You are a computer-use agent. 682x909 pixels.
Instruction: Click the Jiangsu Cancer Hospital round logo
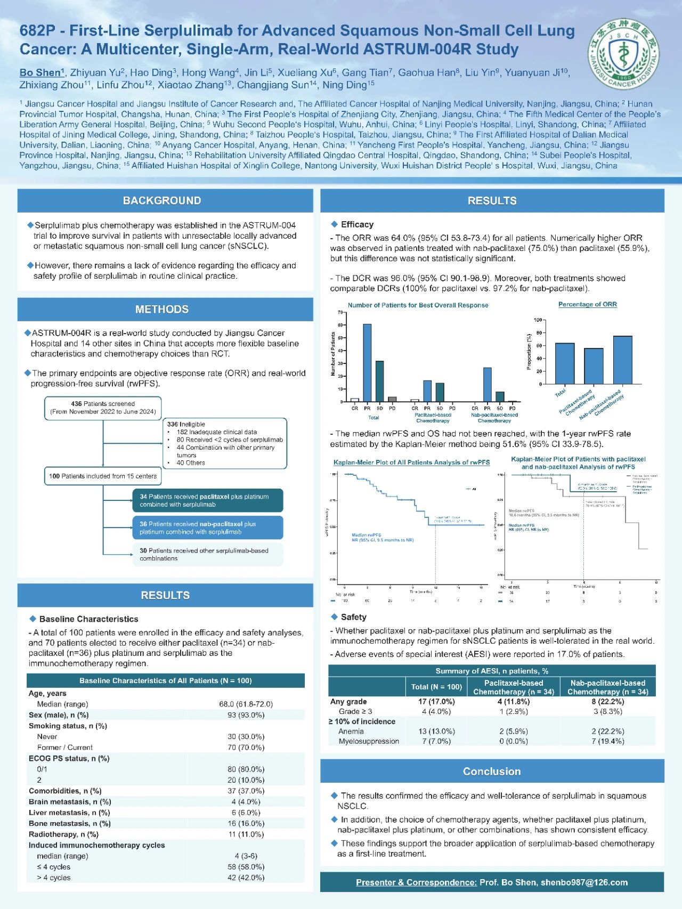(623, 54)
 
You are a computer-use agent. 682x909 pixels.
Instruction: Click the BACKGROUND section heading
(162, 201)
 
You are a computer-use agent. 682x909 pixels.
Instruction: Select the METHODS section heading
(162, 310)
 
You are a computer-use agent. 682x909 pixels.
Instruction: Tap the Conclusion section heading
(492, 772)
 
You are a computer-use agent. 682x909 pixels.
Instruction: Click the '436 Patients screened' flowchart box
(103, 408)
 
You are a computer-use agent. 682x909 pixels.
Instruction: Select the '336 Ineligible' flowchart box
(224, 443)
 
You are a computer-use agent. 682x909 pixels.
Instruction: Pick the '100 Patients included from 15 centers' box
(103, 476)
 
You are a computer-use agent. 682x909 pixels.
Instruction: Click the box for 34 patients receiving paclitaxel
(208, 501)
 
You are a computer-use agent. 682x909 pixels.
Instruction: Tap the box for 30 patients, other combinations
(208, 555)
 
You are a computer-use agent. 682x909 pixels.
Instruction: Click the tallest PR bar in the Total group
(367, 362)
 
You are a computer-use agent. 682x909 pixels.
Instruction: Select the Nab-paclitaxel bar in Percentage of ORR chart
(622, 360)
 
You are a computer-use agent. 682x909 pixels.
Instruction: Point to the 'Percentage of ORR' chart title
(587, 305)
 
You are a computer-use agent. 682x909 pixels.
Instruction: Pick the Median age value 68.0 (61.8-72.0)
(246, 704)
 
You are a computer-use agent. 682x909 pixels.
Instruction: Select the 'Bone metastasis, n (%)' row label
(70, 824)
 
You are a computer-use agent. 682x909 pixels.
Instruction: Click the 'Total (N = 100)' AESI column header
(436, 687)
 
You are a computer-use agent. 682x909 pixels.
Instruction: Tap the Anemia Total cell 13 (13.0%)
(436, 732)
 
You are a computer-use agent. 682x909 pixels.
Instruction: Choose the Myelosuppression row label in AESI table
(369, 741)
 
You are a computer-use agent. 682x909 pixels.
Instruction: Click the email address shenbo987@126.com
(584, 883)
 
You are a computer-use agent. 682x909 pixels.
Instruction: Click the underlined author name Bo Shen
(40, 73)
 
